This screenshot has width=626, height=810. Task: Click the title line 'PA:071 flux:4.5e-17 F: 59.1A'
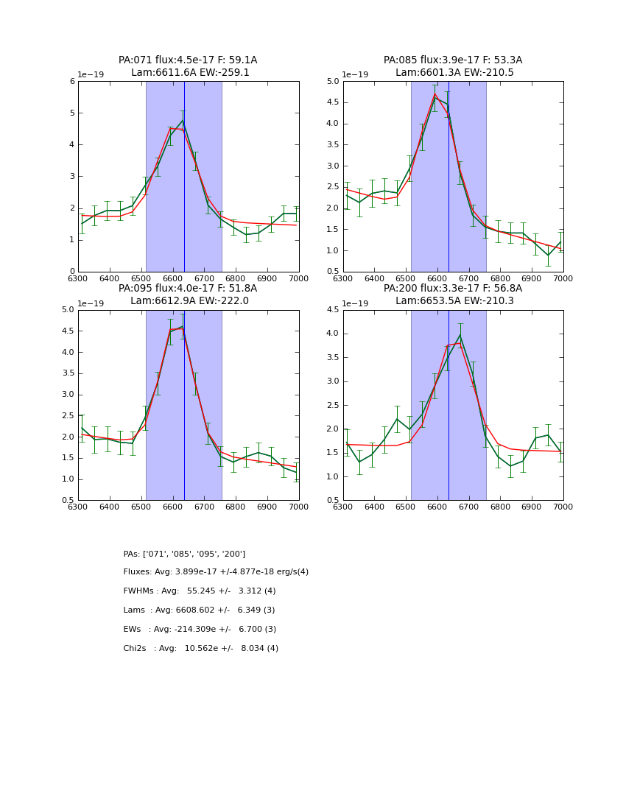(x=188, y=60)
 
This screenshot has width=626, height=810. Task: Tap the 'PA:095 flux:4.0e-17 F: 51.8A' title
(x=188, y=289)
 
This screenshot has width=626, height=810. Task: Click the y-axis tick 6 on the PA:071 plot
(x=71, y=82)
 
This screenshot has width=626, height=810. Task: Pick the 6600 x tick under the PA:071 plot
(x=172, y=278)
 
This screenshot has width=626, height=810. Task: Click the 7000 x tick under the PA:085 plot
(x=563, y=278)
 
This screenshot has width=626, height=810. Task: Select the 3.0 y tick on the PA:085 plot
(x=334, y=166)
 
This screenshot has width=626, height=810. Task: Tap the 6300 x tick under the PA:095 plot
(x=78, y=507)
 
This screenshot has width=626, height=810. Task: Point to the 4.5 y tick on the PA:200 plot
(x=334, y=310)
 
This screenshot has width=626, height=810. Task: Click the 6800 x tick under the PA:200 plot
(x=500, y=507)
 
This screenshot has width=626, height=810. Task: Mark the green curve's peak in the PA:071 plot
(x=183, y=120)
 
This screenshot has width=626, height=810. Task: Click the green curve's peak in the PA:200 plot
(x=460, y=335)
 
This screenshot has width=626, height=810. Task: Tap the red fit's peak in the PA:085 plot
(x=435, y=94)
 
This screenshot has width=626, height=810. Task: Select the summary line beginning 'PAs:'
(x=184, y=554)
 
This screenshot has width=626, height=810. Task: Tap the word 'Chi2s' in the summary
(x=134, y=649)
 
